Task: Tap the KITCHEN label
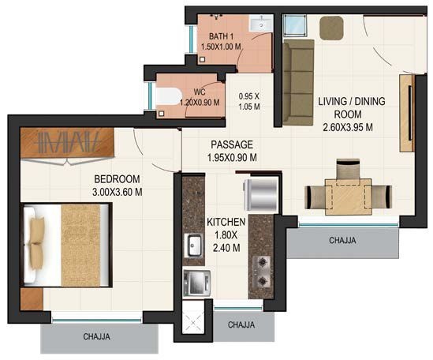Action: click(227, 223)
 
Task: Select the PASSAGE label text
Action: click(231, 144)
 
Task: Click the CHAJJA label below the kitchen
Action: click(242, 324)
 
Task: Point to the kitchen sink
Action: click(194, 246)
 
